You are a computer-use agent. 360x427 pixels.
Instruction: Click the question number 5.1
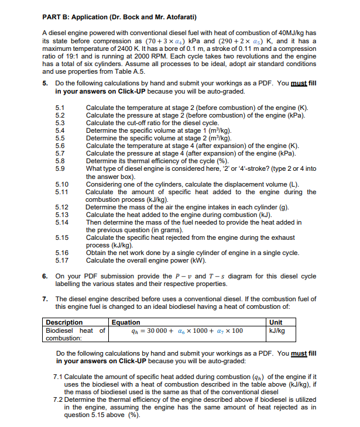click(x=60, y=108)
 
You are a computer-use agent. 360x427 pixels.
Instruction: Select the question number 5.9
click(x=60, y=169)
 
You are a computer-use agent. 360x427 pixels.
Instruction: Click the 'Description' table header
click(x=64, y=322)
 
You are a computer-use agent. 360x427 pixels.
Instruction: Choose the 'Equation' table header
click(x=126, y=322)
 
